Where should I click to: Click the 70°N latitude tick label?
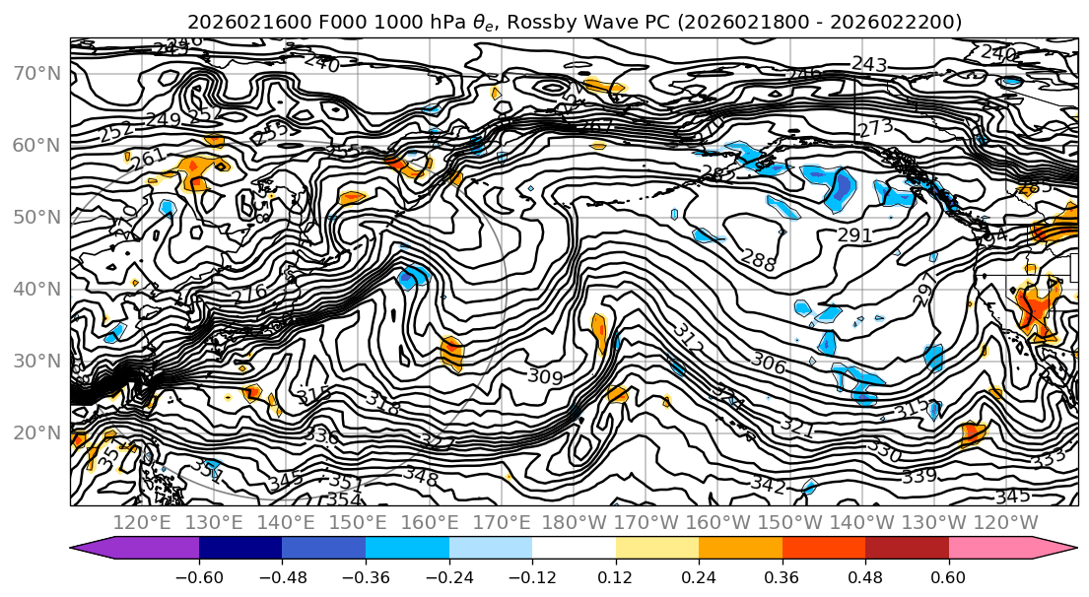click(34, 73)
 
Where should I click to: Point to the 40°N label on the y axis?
click(34, 289)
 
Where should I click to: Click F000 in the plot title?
click(312, 22)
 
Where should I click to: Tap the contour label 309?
click(545, 376)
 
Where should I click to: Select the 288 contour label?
click(758, 262)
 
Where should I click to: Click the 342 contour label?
click(768, 486)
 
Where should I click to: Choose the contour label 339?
click(919, 476)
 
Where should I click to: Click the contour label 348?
click(420, 474)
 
